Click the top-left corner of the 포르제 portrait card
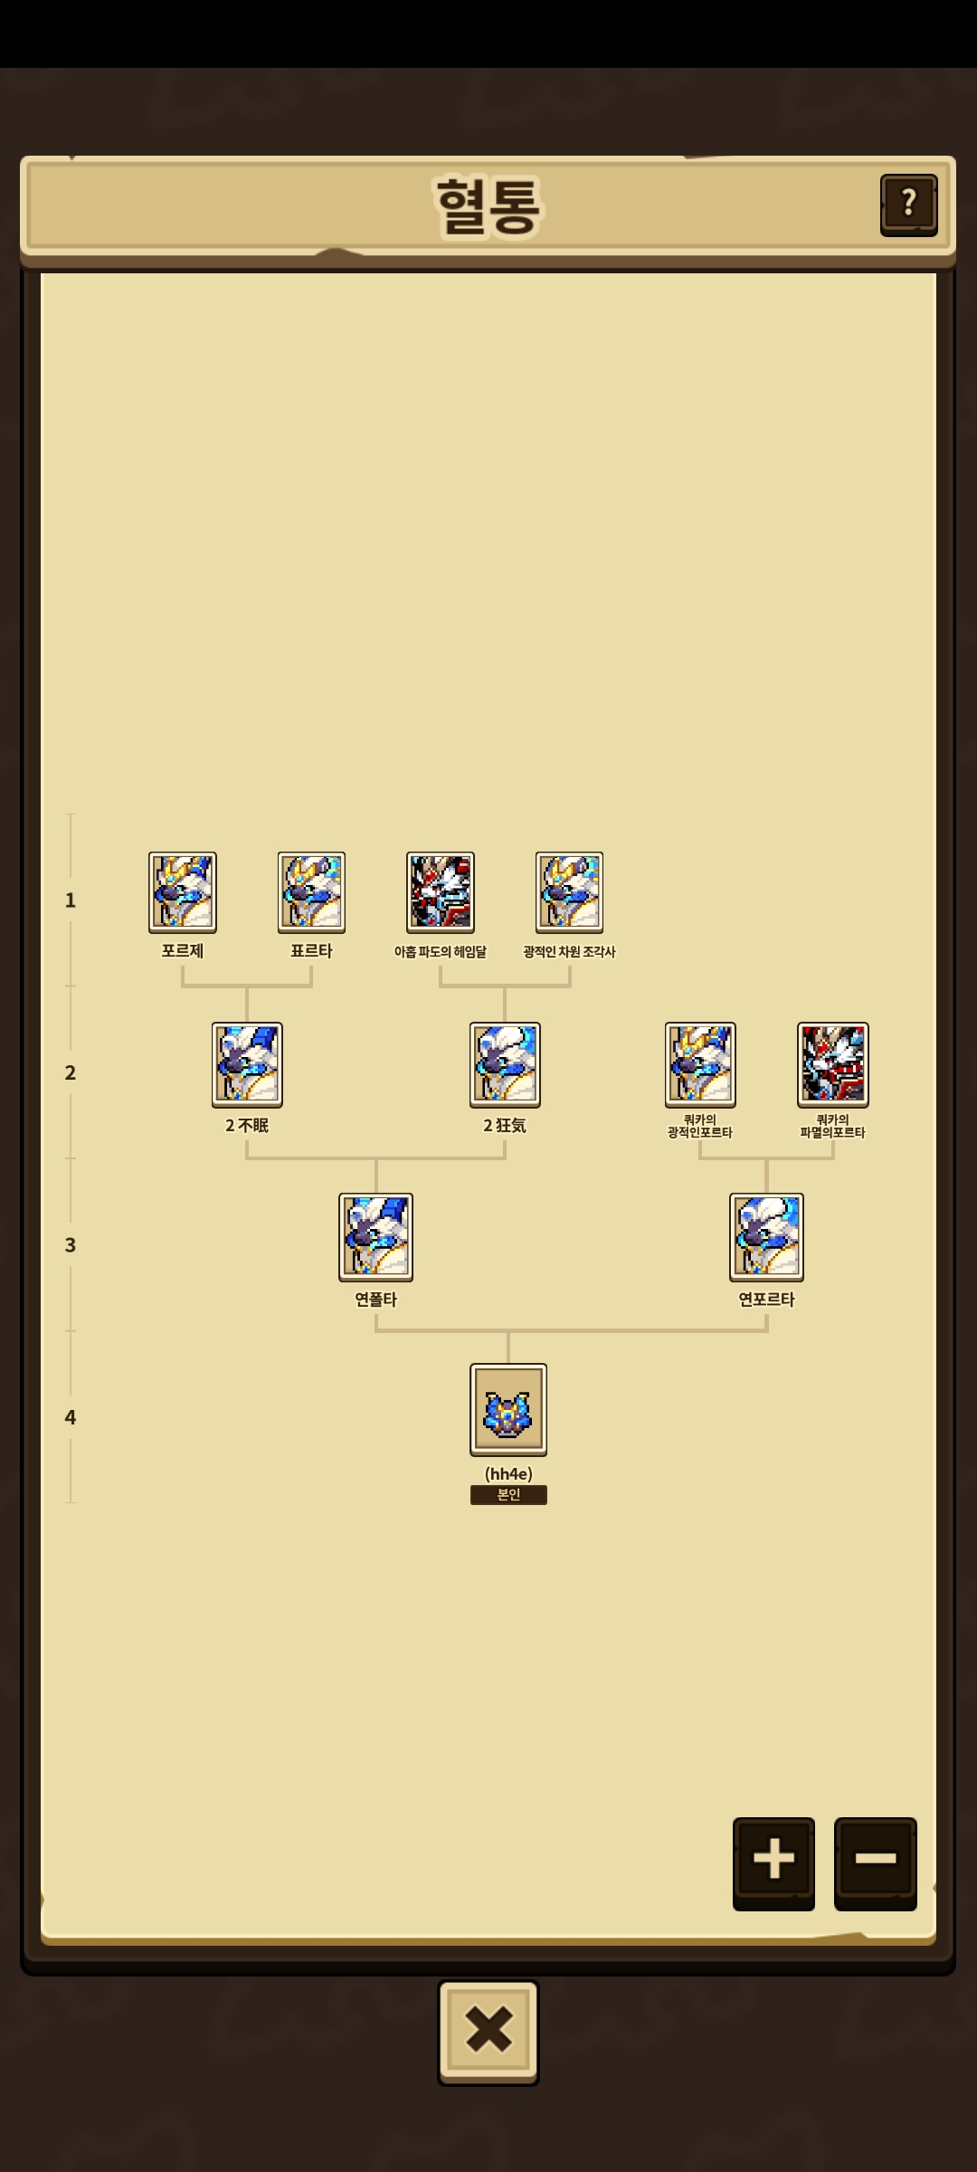(149, 853)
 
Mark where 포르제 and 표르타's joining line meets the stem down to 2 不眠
(247, 986)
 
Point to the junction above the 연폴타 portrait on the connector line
(376, 1158)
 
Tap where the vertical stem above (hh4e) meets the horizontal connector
(508, 1330)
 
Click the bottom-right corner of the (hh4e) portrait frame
(546, 1455)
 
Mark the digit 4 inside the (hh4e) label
(516, 1474)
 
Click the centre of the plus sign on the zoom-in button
(773, 1858)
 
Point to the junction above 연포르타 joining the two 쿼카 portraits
(767, 1158)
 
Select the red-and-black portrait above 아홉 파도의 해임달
(441, 892)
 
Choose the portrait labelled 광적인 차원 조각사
(569, 892)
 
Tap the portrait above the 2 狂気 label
(505, 1065)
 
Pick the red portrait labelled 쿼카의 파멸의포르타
(833, 1065)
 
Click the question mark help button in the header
(908, 205)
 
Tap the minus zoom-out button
(875, 1862)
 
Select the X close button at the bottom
(488, 2031)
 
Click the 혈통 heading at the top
(488, 206)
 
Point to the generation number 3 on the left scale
(71, 1245)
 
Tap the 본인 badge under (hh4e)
(508, 1495)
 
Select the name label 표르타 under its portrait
(311, 951)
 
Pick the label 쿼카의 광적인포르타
(700, 1126)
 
